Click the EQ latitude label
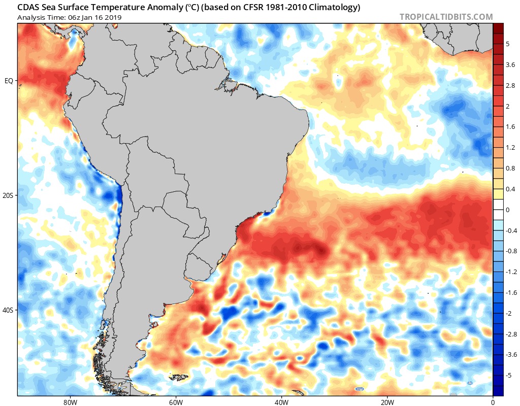click(9, 81)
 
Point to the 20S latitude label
click(8, 195)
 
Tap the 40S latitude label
click(8, 311)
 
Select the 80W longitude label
click(70, 402)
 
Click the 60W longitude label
click(176, 402)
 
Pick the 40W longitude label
click(281, 402)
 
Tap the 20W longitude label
click(387, 402)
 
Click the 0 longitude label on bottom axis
click(493, 402)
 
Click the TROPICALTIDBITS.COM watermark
click(446, 17)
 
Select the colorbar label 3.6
click(510, 65)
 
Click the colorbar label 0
click(508, 210)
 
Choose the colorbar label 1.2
click(510, 148)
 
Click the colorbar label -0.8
click(511, 251)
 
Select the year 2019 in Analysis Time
click(113, 18)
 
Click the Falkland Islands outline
click(179, 377)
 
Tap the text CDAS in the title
click(27, 7)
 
